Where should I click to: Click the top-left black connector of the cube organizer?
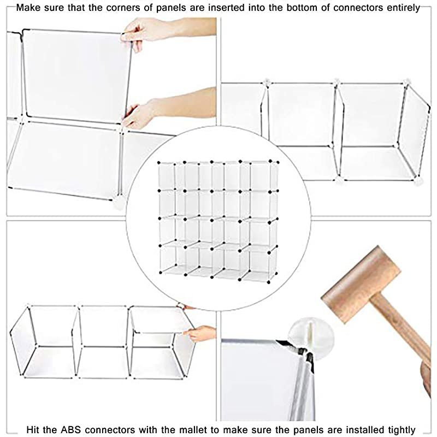coord(158,163)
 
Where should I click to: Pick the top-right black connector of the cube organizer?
coord(276,162)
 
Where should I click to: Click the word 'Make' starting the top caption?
coord(28,8)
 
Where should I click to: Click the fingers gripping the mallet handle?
coord(427,377)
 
